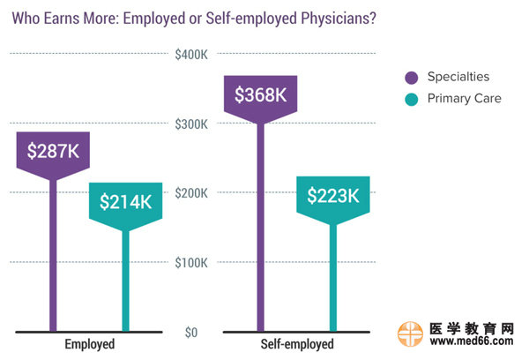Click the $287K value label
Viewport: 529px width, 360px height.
(53, 151)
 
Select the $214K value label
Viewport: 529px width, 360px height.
(126, 201)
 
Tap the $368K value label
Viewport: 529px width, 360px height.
(261, 94)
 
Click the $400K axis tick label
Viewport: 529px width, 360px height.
(190, 55)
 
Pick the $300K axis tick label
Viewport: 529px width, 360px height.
(190, 124)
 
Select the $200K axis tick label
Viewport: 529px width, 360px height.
(190, 193)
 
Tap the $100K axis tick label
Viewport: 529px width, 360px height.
(190, 263)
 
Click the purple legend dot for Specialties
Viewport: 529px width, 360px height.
(411, 77)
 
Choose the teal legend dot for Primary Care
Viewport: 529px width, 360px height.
(411, 99)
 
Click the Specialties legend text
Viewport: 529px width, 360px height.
(458, 77)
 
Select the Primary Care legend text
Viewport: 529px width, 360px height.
(464, 99)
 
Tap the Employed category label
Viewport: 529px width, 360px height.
(90, 344)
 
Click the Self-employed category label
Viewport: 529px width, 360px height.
(297, 344)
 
